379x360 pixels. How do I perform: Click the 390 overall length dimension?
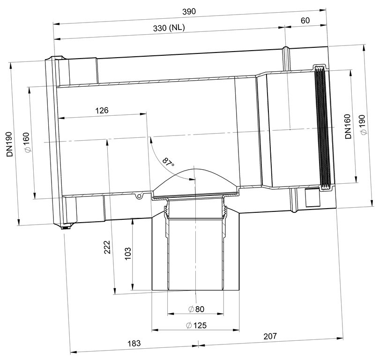coord(189,12)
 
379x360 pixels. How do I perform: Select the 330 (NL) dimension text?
coord(169,28)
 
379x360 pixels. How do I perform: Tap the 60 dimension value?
coord(305,20)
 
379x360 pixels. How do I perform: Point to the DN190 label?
coord(10,144)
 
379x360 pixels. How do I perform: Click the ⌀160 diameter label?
coord(27,142)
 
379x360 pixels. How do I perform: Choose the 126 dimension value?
coord(102,111)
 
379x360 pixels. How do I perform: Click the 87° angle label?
coord(168,162)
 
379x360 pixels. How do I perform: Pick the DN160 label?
coord(348,127)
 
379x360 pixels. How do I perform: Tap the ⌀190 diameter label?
coord(363,125)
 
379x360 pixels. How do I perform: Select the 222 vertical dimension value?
coord(107,247)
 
